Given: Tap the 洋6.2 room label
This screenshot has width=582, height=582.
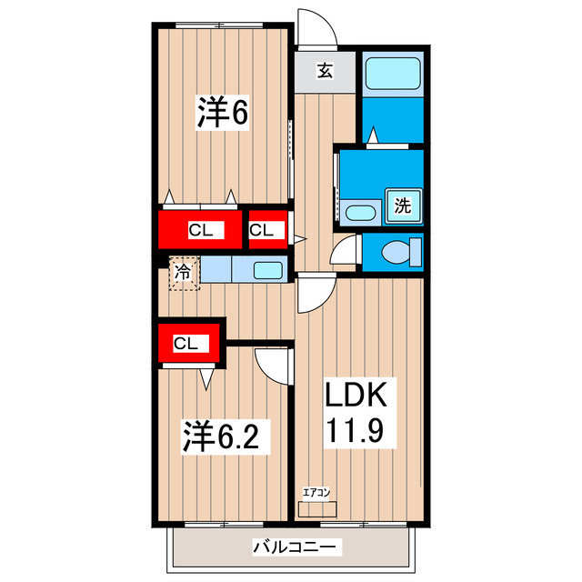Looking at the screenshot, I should (x=224, y=436).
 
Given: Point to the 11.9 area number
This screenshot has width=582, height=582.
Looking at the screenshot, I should (x=358, y=429).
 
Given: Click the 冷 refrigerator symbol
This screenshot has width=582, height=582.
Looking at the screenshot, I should (x=184, y=271).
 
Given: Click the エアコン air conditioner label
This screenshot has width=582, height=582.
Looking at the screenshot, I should (x=316, y=492).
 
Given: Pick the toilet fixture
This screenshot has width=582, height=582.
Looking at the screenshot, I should (x=399, y=252).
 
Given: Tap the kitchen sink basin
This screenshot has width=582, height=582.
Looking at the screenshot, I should (x=266, y=269).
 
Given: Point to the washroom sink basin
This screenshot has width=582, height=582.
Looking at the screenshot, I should (x=360, y=214).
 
